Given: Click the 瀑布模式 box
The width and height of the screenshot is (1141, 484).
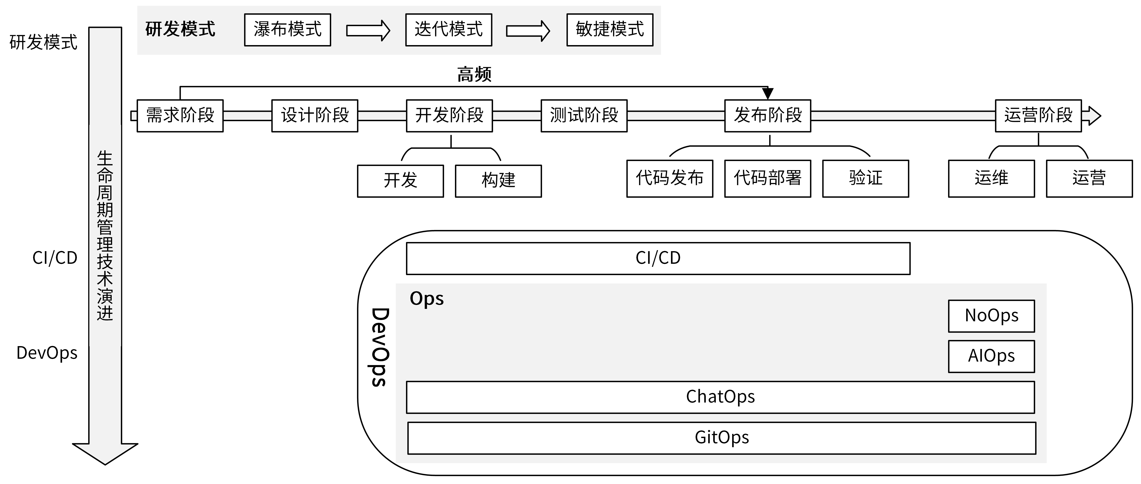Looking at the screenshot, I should click(287, 30).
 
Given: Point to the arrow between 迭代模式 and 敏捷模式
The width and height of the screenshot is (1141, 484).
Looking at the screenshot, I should click(528, 30).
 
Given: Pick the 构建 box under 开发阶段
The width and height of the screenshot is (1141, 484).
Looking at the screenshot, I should click(498, 181).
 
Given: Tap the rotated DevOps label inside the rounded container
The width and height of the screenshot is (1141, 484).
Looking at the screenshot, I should click(380, 347).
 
